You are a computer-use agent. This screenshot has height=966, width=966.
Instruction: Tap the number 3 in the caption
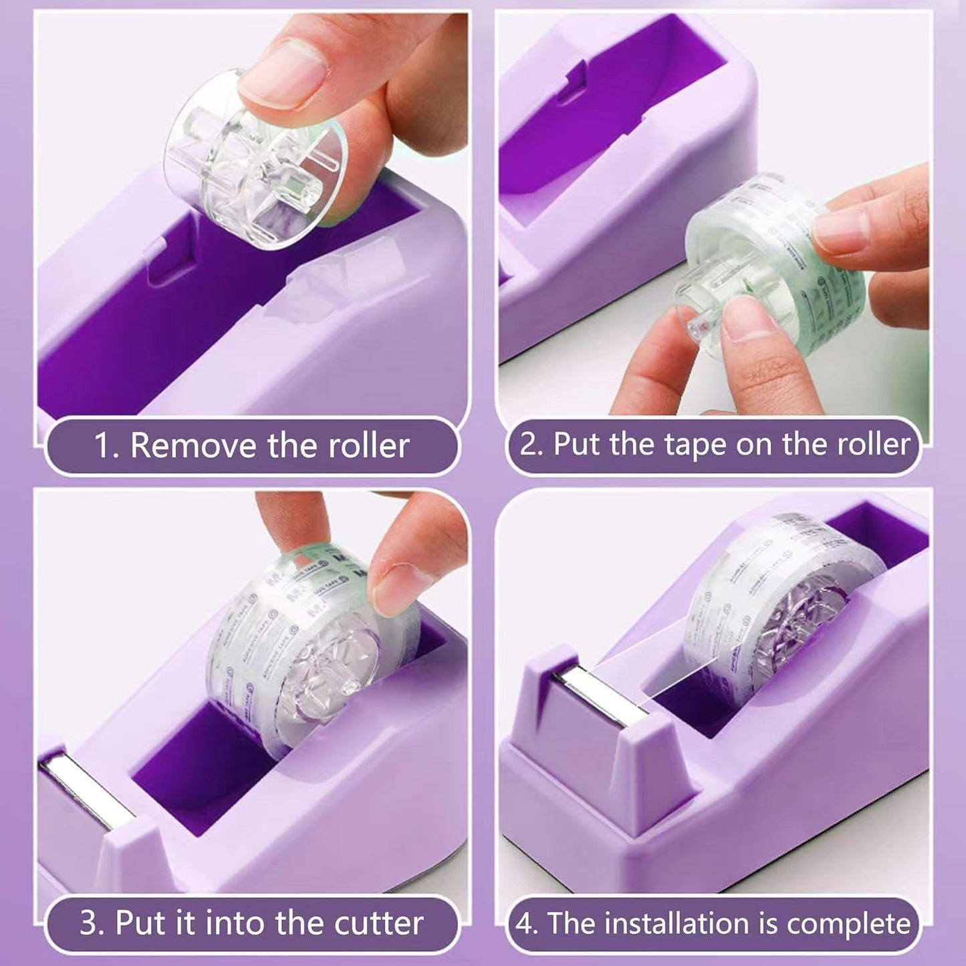point(89,923)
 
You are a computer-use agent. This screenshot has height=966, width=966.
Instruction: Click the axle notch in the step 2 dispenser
point(575,87)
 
